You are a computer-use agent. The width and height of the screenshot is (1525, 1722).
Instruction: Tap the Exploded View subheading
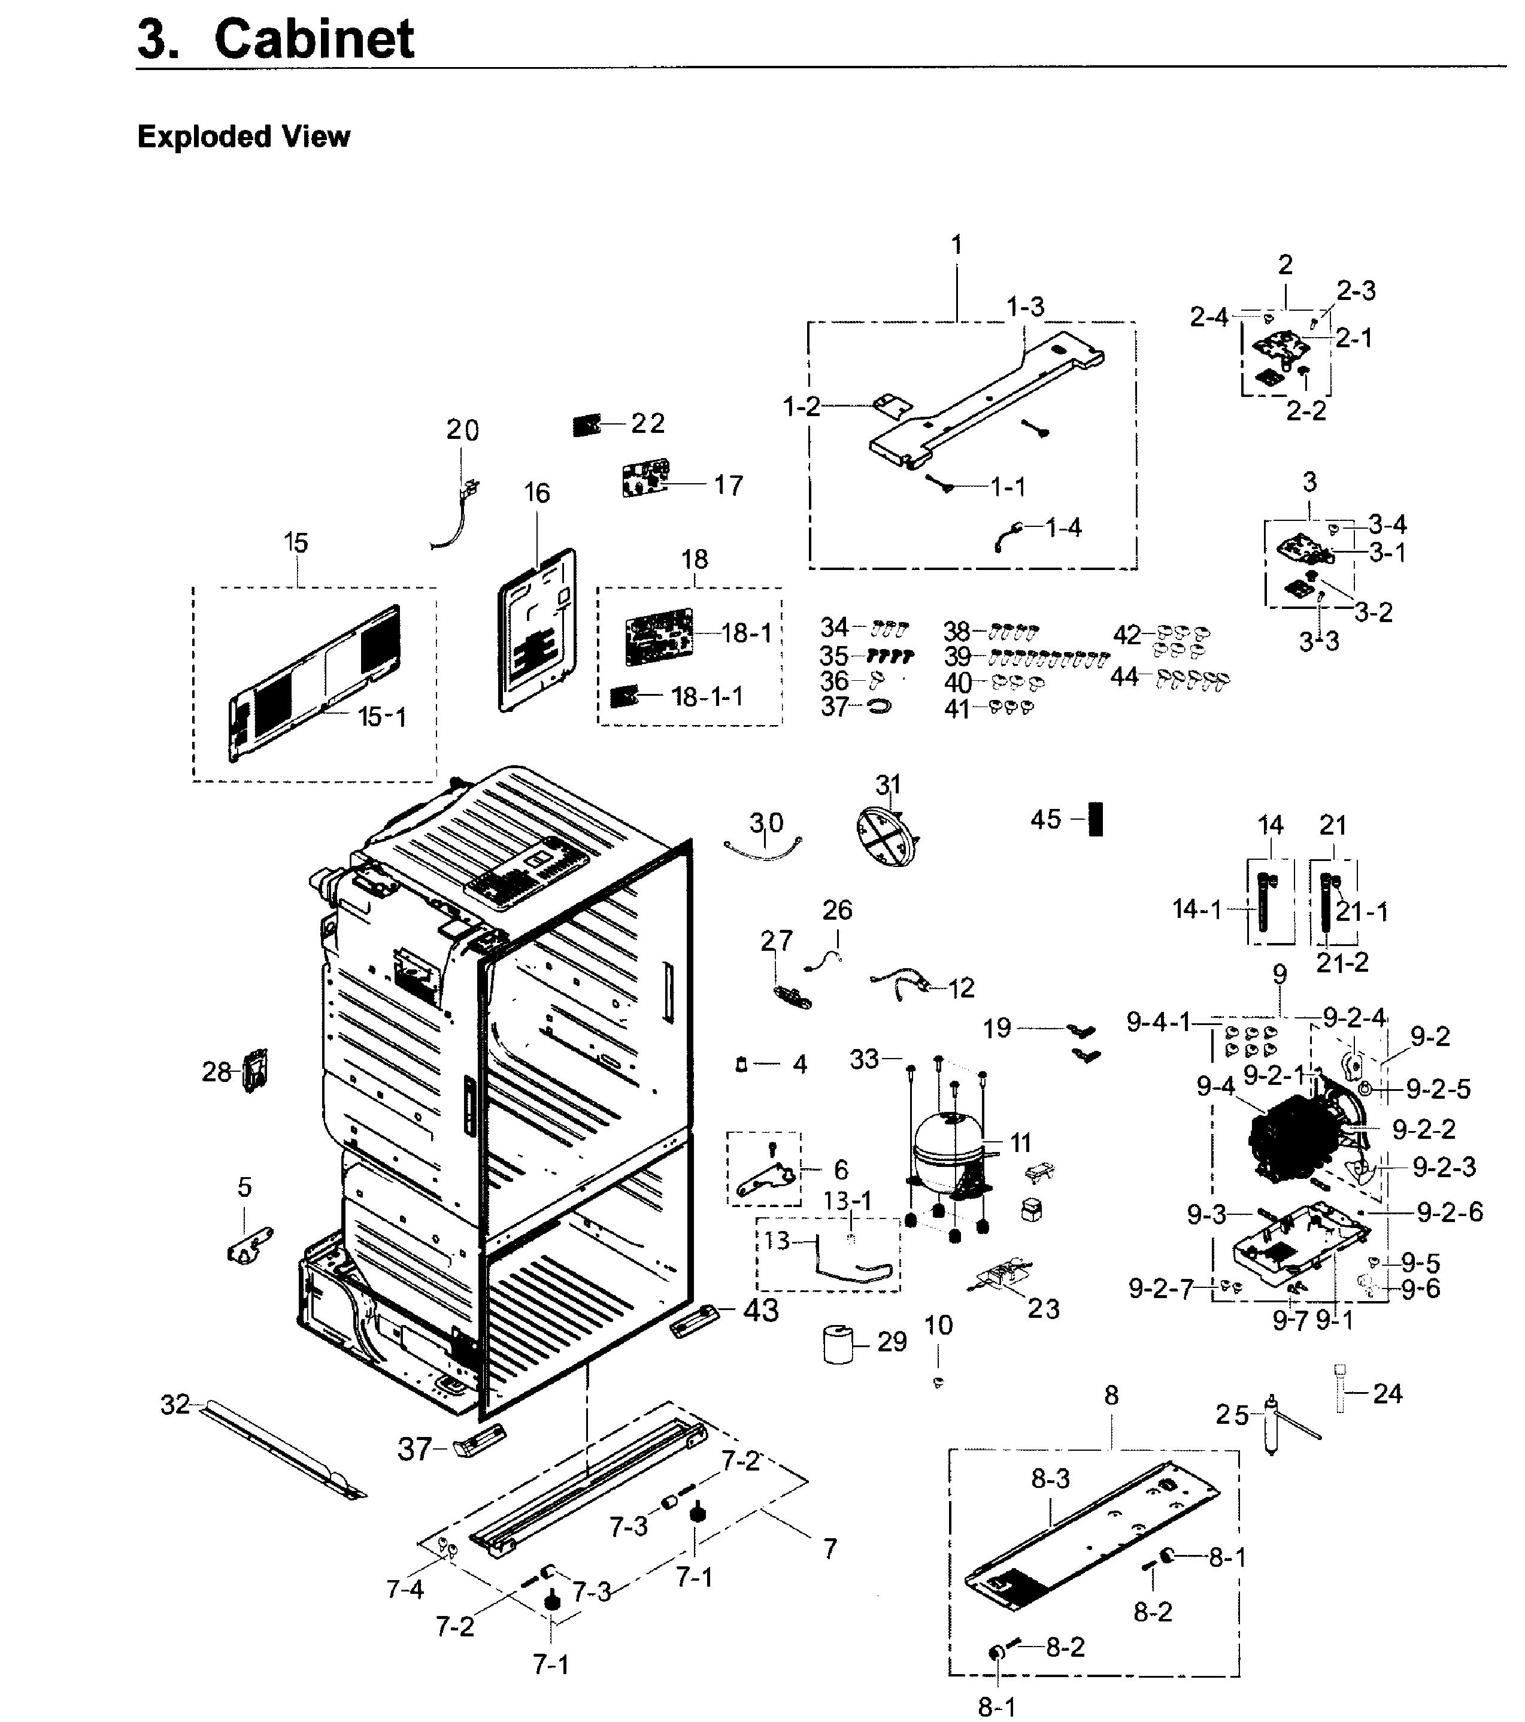244,137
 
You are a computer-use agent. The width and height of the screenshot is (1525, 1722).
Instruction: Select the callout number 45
1045,819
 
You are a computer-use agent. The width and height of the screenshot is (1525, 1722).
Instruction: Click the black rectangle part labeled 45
1095,818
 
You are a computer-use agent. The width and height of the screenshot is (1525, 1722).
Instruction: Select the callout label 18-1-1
707,697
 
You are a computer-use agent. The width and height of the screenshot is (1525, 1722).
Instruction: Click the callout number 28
216,1072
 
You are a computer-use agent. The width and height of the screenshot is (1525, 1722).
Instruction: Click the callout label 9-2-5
1438,1089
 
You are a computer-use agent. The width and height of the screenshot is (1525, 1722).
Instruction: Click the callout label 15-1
381,717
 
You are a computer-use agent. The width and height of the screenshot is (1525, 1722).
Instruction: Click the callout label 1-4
1063,527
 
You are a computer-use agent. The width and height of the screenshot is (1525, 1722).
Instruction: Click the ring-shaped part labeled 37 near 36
878,706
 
